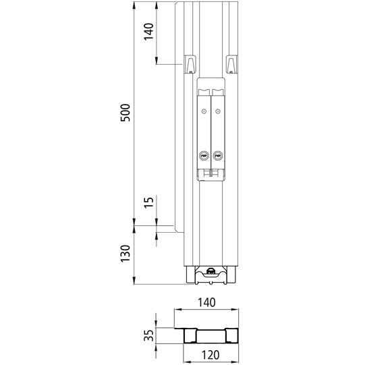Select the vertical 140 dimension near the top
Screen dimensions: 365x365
148,32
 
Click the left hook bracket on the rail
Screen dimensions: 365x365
190,64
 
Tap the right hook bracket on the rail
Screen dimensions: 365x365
232,64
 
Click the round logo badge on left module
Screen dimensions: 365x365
204,155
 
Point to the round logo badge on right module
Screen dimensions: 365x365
218,155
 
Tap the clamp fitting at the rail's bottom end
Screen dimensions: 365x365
210,274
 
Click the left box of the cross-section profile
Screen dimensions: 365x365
188,337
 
